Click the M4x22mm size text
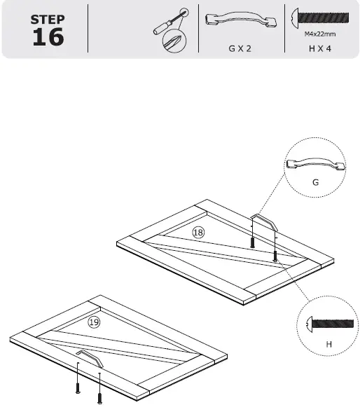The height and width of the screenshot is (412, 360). coord(319,33)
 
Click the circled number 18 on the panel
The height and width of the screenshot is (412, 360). coord(198,232)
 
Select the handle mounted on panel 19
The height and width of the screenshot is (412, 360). coord(90,357)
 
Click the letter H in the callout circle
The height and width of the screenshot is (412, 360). coord(328,345)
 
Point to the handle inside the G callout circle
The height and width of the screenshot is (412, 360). coord(315,165)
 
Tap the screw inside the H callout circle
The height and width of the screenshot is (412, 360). coord(330,324)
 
